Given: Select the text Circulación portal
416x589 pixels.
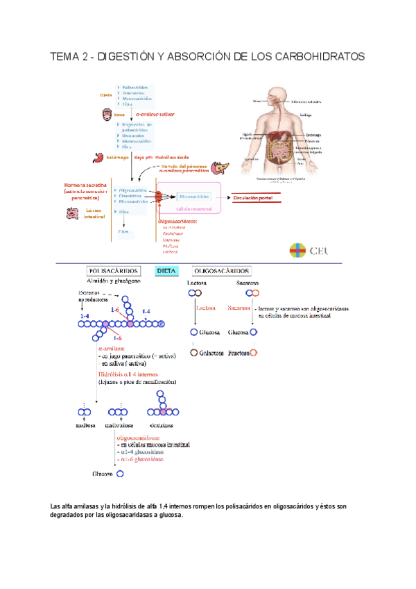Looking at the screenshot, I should (258, 198).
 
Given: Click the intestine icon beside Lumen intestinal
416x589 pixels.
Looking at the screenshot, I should (73, 213).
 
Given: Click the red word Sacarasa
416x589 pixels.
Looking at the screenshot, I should (239, 308).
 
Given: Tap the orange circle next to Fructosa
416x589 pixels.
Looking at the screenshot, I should (254, 353).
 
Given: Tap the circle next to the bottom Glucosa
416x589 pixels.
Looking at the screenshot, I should (120, 474).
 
